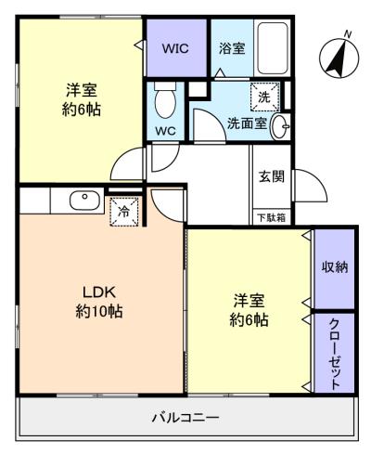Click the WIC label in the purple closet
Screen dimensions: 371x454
tap(175, 48)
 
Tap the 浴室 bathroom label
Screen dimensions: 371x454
tap(232, 48)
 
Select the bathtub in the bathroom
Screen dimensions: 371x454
tap(273, 47)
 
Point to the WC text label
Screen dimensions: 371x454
tap(165, 131)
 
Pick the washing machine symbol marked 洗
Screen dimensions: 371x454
tap(265, 97)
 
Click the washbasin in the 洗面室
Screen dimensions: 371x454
tap(280, 126)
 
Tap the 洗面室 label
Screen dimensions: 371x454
tap(247, 123)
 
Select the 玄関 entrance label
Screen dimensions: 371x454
tap(272, 176)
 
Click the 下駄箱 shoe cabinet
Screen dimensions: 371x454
tap(272, 218)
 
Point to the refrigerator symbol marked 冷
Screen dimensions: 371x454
tap(124, 212)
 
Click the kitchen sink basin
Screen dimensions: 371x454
tap(85, 200)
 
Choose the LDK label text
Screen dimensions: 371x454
tap(99, 292)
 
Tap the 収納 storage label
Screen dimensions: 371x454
tap(335, 266)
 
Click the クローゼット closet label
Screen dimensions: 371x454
tap(335, 354)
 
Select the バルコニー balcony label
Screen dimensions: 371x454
tap(185, 418)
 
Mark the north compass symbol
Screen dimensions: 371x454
tap(339, 58)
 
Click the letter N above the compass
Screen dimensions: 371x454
tap(349, 34)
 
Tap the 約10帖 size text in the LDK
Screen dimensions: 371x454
tap(99, 311)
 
